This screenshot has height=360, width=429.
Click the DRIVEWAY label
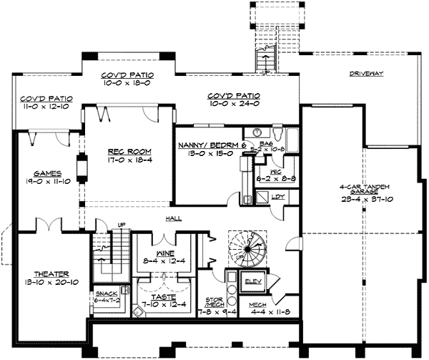(368, 74)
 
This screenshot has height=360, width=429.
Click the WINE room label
(167, 254)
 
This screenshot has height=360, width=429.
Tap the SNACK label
(105, 293)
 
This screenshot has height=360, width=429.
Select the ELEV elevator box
(254, 281)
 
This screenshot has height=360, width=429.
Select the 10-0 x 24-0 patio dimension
(234, 104)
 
